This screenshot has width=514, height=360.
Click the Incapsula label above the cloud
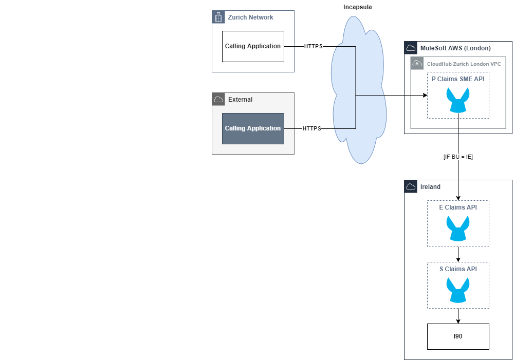coord(357,7)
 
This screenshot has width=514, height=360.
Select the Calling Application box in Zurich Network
coord(253,46)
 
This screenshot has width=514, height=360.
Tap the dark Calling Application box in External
coord(253,128)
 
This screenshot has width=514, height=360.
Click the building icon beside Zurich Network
coord(218,17)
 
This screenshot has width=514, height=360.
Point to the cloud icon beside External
coord(218,99)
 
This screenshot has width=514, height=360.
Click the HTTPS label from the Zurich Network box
coord(313,46)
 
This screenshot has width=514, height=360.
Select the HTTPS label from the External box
coord(311,128)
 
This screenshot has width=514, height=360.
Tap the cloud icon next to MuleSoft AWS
coord(410,48)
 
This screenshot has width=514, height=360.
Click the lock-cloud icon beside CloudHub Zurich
coord(417,64)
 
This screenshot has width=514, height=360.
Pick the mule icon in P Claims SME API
coord(458,100)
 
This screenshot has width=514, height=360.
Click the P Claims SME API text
coord(458,79)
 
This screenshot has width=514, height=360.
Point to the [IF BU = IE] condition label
coord(458,157)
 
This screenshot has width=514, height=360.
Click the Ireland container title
coord(430,187)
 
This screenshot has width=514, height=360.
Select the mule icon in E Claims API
coord(458,228)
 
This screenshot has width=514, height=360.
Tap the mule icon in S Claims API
coord(458,290)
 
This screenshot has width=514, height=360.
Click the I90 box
coord(458,336)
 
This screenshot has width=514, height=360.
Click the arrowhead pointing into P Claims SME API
coord(425,96)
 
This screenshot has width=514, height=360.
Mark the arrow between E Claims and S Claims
coord(458,255)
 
